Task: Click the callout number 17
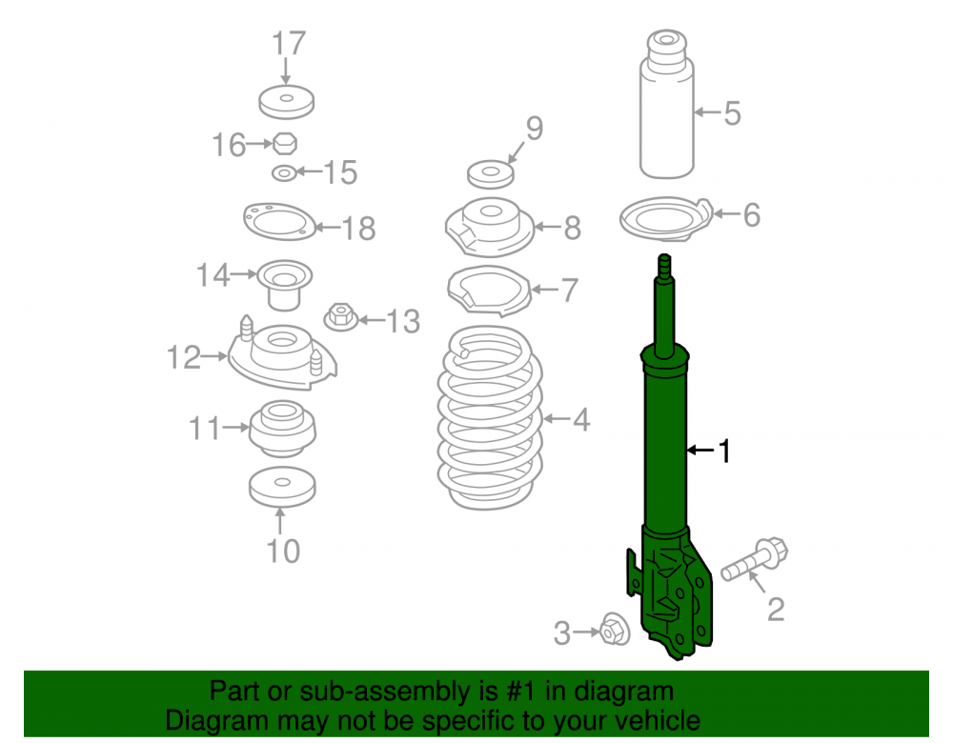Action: coord(289,44)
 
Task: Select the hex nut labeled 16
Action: coord(284,144)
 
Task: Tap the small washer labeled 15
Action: coord(284,173)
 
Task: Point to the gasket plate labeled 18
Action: coord(279,222)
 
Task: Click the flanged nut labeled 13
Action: coord(340,317)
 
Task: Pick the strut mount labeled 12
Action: coord(282,354)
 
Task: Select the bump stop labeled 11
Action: coord(282,428)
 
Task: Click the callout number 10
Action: coord(283,551)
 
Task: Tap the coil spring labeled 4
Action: coord(490,418)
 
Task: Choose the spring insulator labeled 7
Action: coord(489,291)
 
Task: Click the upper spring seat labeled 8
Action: coord(490,228)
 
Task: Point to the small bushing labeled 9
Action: coord(491,174)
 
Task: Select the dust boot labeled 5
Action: coord(667,104)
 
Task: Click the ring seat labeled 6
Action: coord(665,219)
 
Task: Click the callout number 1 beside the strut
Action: coord(723,452)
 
